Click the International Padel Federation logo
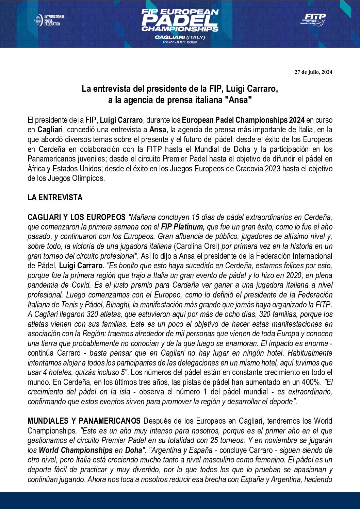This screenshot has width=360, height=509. coord(49,20)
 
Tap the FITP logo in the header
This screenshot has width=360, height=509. coord(313,19)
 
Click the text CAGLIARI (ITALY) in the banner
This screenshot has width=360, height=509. coord(180,37)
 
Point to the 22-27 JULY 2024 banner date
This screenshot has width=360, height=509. coord(180,42)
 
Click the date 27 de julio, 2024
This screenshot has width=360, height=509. coord(313,72)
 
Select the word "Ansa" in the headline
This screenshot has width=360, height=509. coord(240,100)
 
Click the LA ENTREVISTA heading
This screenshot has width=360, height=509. coord(55,198)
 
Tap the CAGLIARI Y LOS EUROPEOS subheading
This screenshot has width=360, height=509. coord(77,217)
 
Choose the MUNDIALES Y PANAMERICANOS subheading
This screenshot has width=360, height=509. coord(84,421)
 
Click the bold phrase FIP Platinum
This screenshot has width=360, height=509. coord(183,227)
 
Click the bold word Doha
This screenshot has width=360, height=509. coord(133,450)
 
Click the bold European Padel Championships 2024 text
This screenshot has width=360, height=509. coord(243,120)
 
